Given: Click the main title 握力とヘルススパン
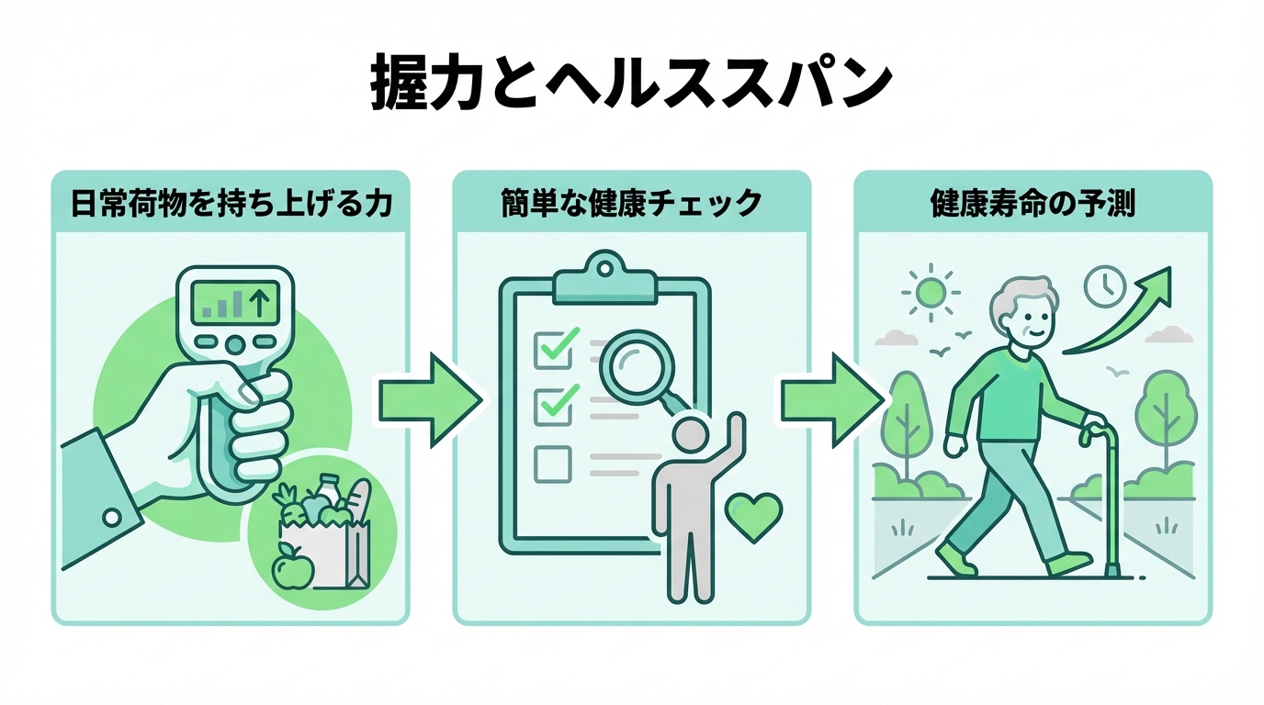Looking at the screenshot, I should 631,84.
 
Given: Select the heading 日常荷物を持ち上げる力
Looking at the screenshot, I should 231,203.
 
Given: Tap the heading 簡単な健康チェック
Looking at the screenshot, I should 632,203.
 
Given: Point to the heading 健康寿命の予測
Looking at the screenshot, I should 1033,203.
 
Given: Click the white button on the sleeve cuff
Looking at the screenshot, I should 112,519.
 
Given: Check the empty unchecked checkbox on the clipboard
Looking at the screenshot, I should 552,464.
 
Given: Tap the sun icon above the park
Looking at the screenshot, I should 931,294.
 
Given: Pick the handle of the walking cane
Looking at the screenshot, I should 1101,428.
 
